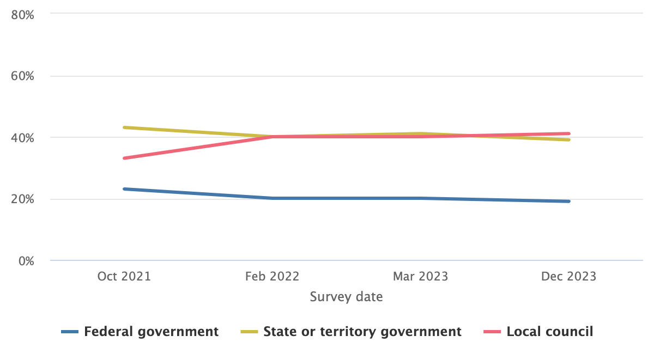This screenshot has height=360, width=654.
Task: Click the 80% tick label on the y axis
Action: pyautogui.click(x=23, y=15)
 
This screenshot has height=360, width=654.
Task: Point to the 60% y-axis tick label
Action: pyautogui.click(x=23, y=76)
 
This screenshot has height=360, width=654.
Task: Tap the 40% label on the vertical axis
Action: pyautogui.click(x=23, y=138)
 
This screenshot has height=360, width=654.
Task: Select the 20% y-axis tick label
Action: pyautogui.click(x=23, y=199)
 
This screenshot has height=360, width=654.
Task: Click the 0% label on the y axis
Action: pyautogui.click(x=25, y=261)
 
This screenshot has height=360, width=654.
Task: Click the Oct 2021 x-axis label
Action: pyautogui.click(x=124, y=277)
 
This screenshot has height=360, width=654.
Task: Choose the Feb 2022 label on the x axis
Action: pyautogui.click(x=272, y=277)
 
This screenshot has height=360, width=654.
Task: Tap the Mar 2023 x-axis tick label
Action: pyautogui.click(x=421, y=277)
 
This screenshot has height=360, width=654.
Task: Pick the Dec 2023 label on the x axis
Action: pyautogui.click(x=568, y=277)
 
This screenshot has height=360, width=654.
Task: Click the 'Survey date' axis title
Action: pyautogui.click(x=347, y=297)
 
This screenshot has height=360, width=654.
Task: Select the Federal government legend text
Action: pyautogui.click(x=152, y=331)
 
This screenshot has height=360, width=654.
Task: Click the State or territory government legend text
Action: pyautogui.click(x=362, y=331)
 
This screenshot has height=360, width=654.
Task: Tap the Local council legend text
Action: pyautogui.click(x=550, y=331)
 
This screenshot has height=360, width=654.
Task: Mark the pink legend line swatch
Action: pyautogui.click(x=493, y=332)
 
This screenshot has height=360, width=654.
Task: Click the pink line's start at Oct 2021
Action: pyautogui.click(x=125, y=158)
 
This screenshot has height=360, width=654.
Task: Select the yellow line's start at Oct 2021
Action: pyautogui.click(x=125, y=127)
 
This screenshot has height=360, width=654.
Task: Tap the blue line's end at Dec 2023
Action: pyautogui.click(x=568, y=202)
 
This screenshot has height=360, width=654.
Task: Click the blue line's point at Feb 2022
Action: pyautogui.click(x=272, y=198)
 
